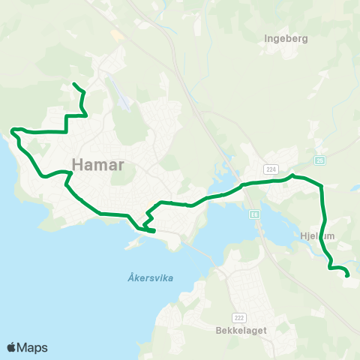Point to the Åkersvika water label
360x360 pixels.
(x=145, y=277)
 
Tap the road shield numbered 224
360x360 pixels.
(x=271, y=169)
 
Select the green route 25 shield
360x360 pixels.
(x=320, y=160)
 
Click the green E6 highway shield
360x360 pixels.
(x=253, y=214)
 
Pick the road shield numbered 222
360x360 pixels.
(x=239, y=297)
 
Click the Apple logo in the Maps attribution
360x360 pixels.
(x=11, y=347)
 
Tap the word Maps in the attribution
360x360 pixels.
(x=32, y=347)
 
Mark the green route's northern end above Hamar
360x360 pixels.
(x=73, y=83)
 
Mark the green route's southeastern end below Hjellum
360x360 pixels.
(x=348, y=276)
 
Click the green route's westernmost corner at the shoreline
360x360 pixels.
(x=13, y=131)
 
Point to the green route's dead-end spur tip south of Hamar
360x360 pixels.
(x=154, y=232)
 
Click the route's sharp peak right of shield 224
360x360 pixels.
(x=293, y=175)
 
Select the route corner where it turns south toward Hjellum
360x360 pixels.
(x=322, y=186)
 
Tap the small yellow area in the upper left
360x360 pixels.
(x=117, y=34)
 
